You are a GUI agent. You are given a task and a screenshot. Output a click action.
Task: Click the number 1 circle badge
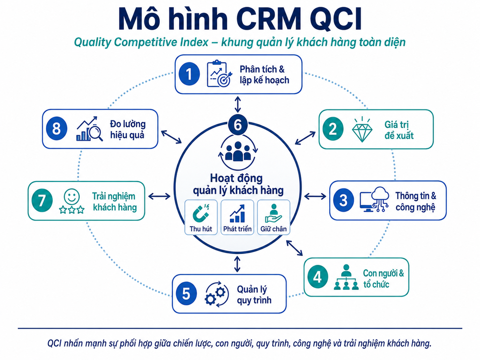(x=189, y=74)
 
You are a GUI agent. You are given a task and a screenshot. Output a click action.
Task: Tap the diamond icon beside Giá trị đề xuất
(x=362, y=129)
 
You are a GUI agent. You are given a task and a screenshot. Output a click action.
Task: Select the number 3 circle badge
(x=344, y=200)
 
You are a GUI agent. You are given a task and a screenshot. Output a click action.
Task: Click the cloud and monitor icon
(x=374, y=199)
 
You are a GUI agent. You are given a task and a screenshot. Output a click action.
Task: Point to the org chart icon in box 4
(x=346, y=277)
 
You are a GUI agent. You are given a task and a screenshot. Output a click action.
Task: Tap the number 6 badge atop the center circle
(x=238, y=125)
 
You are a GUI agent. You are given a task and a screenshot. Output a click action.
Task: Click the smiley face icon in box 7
(x=72, y=196)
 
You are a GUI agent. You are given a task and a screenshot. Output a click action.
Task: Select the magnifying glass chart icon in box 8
(x=89, y=129)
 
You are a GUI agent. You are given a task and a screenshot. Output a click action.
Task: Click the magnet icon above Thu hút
(x=201, y=213)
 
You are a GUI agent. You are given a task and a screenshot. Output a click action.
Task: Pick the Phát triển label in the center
(x=237, y=228)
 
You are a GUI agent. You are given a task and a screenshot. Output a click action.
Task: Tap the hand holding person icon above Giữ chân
(x=274, y=214)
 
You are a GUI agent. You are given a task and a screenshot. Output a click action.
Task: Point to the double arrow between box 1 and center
(x=238, y=104)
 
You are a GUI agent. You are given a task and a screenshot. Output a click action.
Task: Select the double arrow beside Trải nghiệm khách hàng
(x=159, y=196)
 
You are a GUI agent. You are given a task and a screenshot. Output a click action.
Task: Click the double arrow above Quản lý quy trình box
(x=237, y=264)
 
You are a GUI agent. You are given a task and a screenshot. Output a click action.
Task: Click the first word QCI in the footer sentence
(x=55, y=343)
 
